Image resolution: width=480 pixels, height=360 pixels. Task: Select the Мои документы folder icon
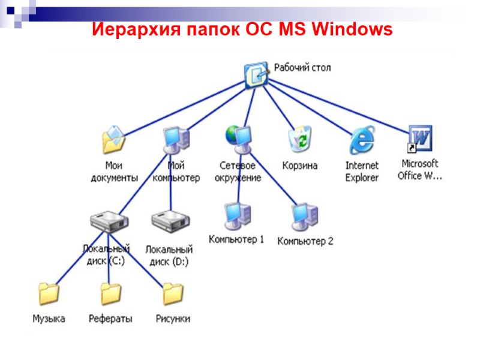coord(113,140)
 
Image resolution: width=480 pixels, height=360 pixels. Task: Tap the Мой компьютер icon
coord(176,140)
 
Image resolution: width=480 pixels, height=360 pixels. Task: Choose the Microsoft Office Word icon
coord(419,139)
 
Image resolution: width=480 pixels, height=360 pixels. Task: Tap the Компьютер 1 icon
coord(236,217)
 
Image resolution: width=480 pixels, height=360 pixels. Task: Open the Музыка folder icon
coord(49,295)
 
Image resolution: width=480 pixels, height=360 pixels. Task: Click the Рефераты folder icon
coord(110,295)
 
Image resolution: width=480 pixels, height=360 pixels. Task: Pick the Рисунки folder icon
coord(173,295)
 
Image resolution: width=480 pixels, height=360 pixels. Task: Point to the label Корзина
coord(299,166)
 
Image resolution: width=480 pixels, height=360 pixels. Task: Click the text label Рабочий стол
coord(302,67)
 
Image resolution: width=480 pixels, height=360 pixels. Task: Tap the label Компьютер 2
coord(305,242)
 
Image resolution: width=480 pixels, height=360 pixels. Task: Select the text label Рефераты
coord(110,319)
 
